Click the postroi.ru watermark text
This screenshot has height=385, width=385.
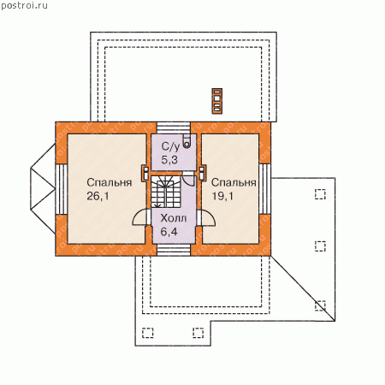coord(24,6)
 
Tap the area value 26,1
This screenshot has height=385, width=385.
coord(98,196)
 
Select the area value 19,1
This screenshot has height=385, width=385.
coord(222,196)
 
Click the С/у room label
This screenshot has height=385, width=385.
coord(170,146)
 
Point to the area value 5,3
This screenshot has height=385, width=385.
coord(169,160)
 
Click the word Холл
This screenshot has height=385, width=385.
coord(174,218)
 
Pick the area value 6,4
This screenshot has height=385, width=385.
coord(169,232)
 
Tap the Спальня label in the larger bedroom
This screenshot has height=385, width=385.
coord(110,183)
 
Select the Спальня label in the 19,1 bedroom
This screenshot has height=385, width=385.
coord(234,183)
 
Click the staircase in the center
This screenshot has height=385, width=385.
coord(166,192)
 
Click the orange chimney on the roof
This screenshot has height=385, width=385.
coord(217,101)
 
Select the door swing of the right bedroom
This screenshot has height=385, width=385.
coord(206,218)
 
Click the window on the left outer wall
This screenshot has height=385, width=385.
coord(62,189)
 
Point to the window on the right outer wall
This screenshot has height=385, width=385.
coord(265,189)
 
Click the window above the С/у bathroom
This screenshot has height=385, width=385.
coord(174,128)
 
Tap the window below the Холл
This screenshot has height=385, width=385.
coord(174,250)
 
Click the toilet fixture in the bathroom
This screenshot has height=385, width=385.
coord(187,141)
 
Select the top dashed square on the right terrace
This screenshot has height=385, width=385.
coord(320,194)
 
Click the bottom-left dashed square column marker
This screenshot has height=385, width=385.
coord(148,333)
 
